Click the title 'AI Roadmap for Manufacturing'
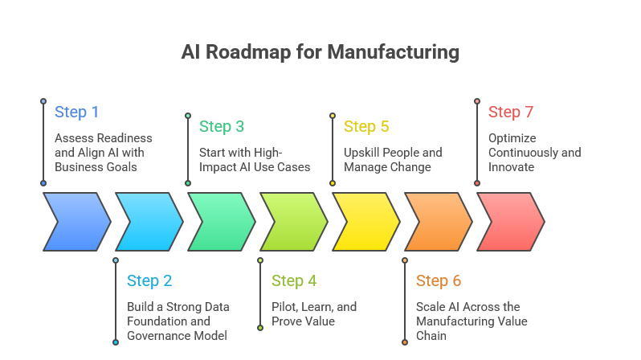[x=320, y=53]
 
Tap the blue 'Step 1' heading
[x=77, y=112]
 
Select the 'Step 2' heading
[x=149, y=281]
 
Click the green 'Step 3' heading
[x=222, y=127]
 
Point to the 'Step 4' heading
[x=294, y=281]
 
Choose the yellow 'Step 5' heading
[x=366, y=127]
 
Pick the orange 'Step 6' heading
[x=439, y=281]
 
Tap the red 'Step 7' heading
[x=511, y=112]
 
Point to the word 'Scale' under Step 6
[x=430, y=307]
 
